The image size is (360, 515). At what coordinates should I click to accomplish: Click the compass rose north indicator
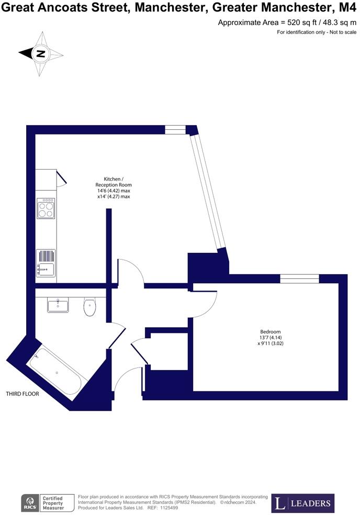point(41,53)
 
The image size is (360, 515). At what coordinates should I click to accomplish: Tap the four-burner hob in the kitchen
point(46,209)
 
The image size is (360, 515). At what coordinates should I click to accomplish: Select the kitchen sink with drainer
point(46,263)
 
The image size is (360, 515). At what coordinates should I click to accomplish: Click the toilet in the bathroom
point(89,307)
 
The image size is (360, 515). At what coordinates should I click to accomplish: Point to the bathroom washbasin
point(58,305)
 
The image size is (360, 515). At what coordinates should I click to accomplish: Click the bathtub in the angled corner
point(57,373)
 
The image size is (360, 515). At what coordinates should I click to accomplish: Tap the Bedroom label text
point(271,332)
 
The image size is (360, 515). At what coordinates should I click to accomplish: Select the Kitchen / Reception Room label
point(114,182)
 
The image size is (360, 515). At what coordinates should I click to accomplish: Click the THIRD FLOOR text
point(22,394)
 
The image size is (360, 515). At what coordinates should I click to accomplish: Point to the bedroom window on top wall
point(299,278)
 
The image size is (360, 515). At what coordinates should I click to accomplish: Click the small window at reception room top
point(175,129)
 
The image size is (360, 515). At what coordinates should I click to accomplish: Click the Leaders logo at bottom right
point(303,503)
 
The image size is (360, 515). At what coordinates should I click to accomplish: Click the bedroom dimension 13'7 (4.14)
point(271,338)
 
